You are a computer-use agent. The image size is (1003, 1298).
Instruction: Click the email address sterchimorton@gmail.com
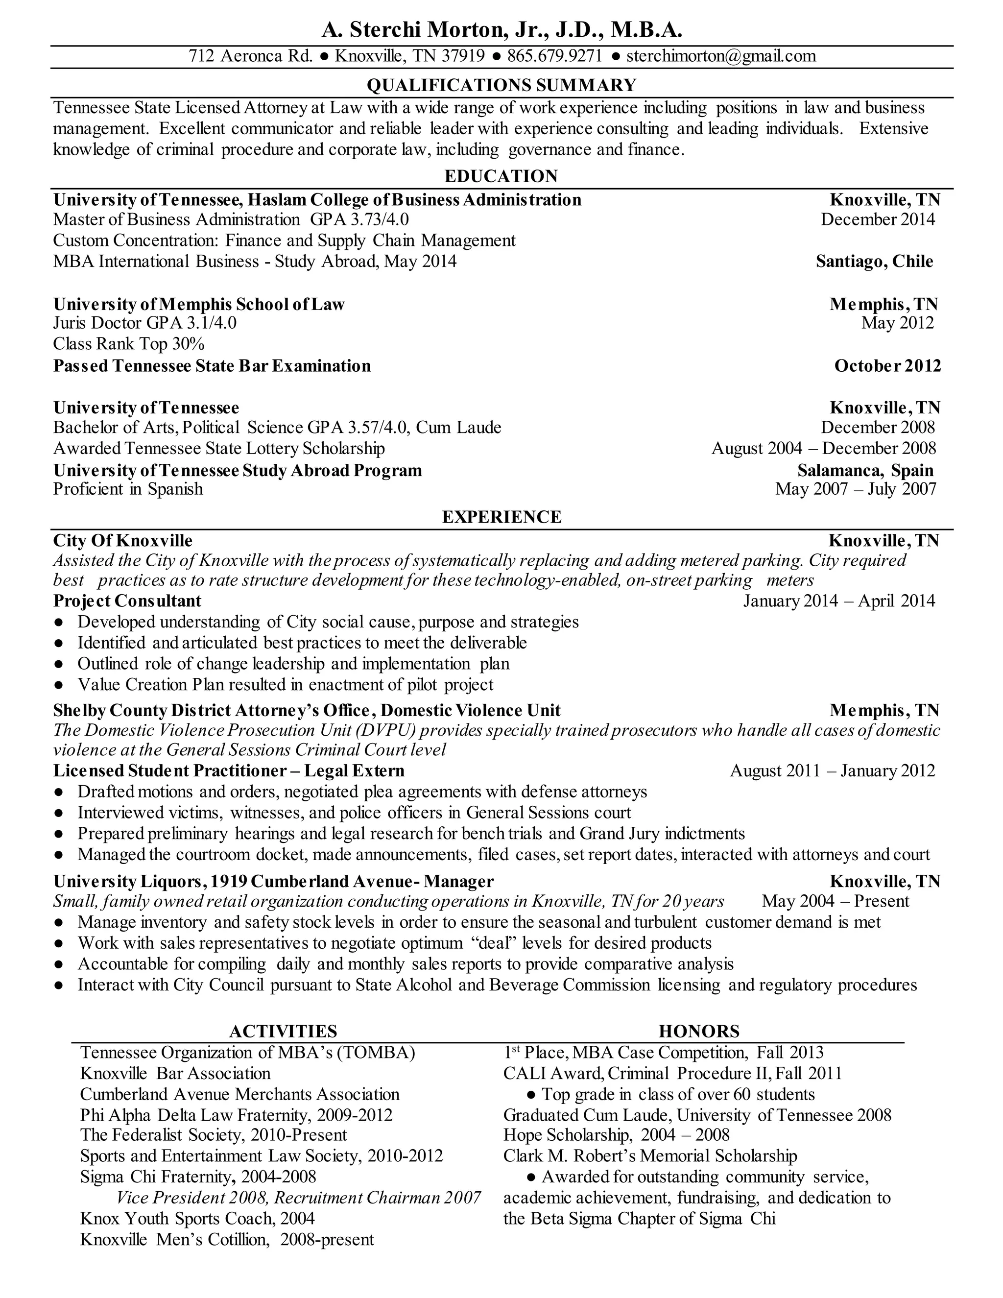721,56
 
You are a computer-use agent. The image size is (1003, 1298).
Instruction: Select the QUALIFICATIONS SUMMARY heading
501,85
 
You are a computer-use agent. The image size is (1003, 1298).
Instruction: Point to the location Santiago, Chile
874,262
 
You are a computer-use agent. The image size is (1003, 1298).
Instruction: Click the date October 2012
887,365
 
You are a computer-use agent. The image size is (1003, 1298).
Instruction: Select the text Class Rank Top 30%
129,344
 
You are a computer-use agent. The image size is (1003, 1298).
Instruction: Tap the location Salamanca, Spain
865,471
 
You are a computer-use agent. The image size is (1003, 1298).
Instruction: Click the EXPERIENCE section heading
501,517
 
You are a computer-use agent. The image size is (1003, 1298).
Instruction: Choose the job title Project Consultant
127,601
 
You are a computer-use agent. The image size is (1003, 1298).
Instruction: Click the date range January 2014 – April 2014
839,601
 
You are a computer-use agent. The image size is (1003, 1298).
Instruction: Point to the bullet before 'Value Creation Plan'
58,685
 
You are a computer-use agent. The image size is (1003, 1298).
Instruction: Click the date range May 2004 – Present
835,902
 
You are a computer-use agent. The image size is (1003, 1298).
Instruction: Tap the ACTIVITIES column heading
283,1031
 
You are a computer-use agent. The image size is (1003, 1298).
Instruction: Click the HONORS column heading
699,1031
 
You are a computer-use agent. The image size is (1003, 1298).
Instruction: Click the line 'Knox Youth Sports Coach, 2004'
197,1219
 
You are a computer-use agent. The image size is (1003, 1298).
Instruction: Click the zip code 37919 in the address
465,56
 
